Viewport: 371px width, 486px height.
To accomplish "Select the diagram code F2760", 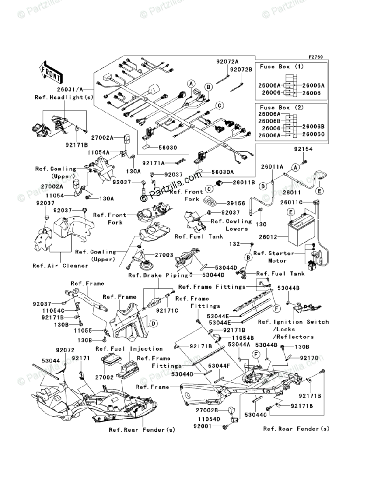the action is tap(316, 57).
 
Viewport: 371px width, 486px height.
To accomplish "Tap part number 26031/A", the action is tap(70, 89).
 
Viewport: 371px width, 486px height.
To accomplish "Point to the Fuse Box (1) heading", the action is tap(282, 67).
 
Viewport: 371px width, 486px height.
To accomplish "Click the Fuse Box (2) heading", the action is tap(282, 108).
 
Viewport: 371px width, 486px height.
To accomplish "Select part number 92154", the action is tap(303, 149).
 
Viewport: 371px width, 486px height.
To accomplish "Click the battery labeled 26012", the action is tap(301, 231).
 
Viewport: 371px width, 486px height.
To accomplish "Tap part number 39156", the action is tap(236, 203).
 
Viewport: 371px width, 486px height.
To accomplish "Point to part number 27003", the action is tap(164, 255).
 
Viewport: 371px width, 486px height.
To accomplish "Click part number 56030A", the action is tap(223, 172).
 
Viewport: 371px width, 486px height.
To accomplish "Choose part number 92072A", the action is tap(227, 62).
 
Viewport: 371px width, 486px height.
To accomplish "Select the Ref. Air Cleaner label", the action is tap(60, 266).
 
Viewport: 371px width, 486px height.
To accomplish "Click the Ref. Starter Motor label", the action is tap(274, 257).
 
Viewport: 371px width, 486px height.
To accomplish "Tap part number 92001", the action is tap(203, 426).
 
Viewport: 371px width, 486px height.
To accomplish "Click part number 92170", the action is tap(309, 358).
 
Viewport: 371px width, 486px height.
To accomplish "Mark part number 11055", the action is tap(83, 330).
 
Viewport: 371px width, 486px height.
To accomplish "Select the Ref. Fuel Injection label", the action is tap(129, 349).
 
